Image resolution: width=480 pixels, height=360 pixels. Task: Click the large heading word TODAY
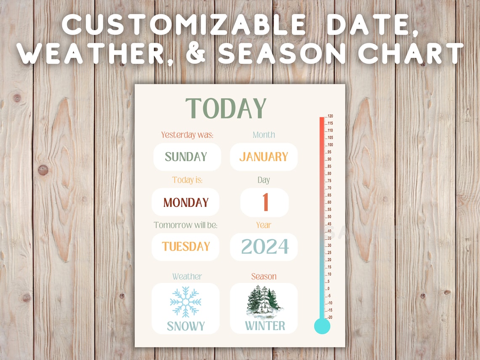[x=226, y=108]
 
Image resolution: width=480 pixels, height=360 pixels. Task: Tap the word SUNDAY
[x=186, y=157]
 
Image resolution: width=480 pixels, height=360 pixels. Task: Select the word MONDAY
[x=186, y=203]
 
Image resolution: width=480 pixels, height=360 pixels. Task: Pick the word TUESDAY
[x=186, y=247]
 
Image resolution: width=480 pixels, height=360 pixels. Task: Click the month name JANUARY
[x=264, y=157]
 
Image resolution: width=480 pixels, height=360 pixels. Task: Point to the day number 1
[x=265, y=203]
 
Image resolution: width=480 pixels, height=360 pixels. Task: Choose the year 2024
[x=265, y=247]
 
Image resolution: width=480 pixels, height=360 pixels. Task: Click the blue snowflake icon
[x=186, y=302]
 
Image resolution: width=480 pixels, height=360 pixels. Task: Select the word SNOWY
[x=186, y=326]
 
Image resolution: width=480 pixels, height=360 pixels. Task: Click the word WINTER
[x=265, y=326]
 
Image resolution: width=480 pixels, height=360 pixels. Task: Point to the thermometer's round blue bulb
[x=322, y=326]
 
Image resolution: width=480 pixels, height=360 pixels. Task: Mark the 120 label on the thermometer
[x=331, y=116]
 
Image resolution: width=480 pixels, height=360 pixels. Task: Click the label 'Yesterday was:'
[x=187, y=135]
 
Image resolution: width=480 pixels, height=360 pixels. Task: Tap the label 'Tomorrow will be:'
[x=186, y=225]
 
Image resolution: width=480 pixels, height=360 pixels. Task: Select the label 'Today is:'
[x=187, y=180]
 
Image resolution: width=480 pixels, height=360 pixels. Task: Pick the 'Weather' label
[x=187, y=277]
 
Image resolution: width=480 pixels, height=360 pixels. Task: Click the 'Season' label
[x=264, y=277]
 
